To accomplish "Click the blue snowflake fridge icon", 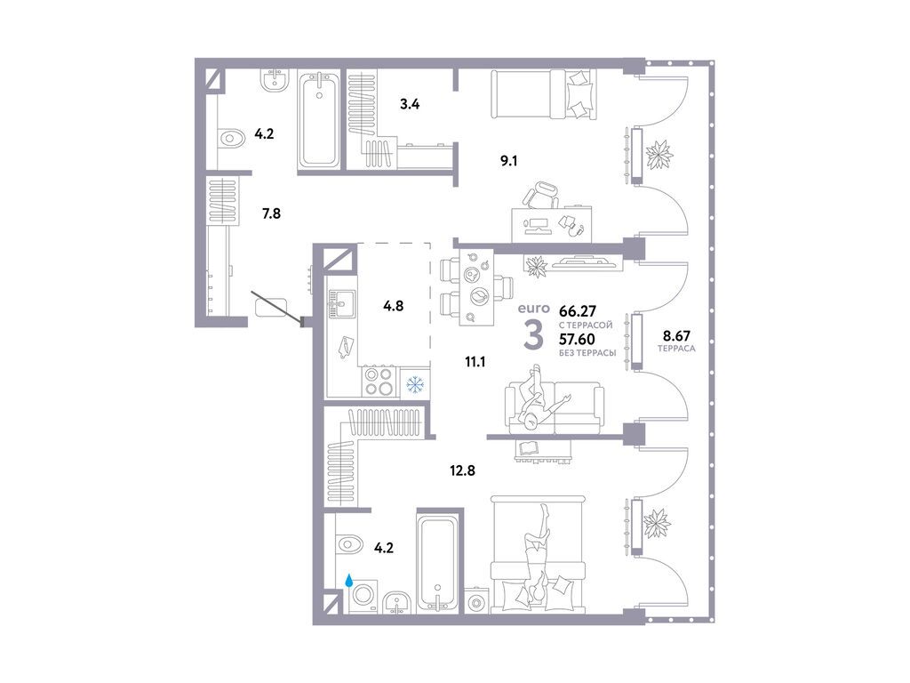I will point(414,385).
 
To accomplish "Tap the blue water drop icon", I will point(350,581).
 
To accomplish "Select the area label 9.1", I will point(508,161).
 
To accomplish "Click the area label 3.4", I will point(409,104).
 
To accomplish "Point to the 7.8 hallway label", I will point(271,213).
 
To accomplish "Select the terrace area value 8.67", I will point(675,337).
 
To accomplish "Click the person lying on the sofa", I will point(539,399).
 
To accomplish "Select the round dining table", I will point(476,296).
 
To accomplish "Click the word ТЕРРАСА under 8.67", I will point(675,350).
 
